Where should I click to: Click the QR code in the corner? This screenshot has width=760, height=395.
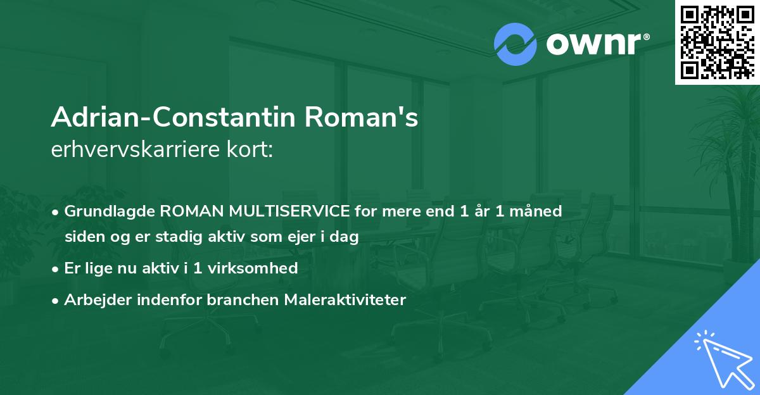(x=718, y=42)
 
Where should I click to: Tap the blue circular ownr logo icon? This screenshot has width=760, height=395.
(x=515, y=44)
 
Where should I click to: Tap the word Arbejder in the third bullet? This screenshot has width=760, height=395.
(x=92, y=300)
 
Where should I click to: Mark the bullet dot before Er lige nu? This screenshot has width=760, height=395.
(x=56, y=268)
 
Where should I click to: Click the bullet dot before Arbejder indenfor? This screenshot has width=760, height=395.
(x=56, y=300)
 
